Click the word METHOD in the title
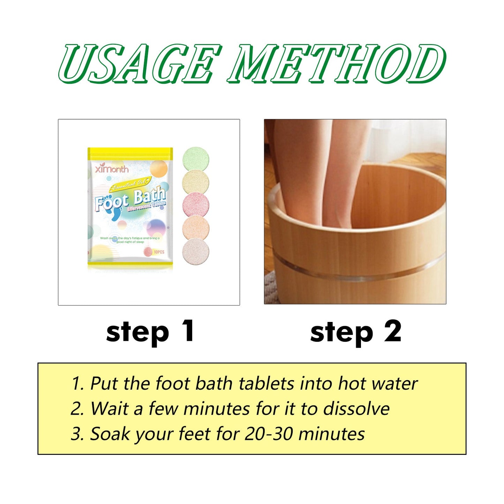click(x=337, y=63)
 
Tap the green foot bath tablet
click(x=196, y=160)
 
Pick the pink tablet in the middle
click(x=196, y=205)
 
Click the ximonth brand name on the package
click(x=112, y=169)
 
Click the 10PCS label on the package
click(x=159, y=252)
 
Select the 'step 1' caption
click(x=150, y=332)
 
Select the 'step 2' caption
click(x=355, y=332)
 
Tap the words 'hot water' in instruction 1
click(x=377, y=384)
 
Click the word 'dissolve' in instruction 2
click(x=356, y=409)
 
